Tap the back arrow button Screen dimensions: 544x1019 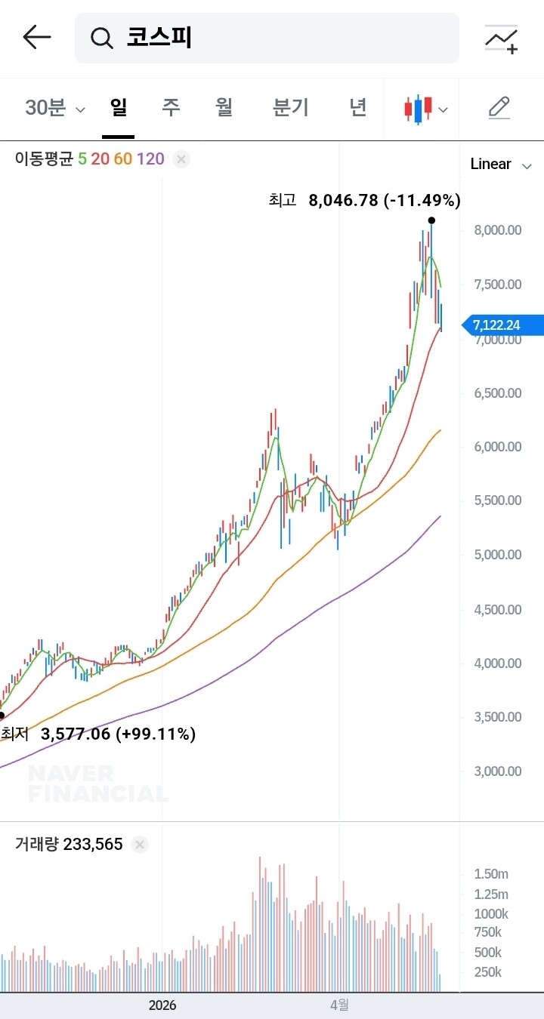coord(37,37)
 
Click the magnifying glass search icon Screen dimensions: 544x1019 coord(101,38)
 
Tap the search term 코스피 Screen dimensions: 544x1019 coord(159,37)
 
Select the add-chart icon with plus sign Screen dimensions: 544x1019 coord(501,39)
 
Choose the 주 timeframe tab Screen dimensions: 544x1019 coord(171,107)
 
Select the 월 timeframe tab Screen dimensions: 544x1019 coord(224,107)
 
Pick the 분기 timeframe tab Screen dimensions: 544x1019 coord(290,107)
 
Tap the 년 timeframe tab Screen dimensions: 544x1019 coord(358,107)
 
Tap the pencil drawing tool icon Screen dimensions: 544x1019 coord(499,108)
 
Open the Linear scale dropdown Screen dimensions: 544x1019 coord(501,165)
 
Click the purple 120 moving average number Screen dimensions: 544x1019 coord(150,159)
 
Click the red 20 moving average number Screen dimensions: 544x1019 coord(100,159)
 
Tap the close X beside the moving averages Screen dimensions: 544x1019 coord(181,159)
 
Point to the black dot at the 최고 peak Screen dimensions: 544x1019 coord(431,220)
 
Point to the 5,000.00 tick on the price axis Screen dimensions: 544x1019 coord(498,555)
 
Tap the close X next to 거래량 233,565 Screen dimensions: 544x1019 coord(140,845)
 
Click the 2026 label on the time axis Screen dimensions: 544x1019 coord(162,1005)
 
